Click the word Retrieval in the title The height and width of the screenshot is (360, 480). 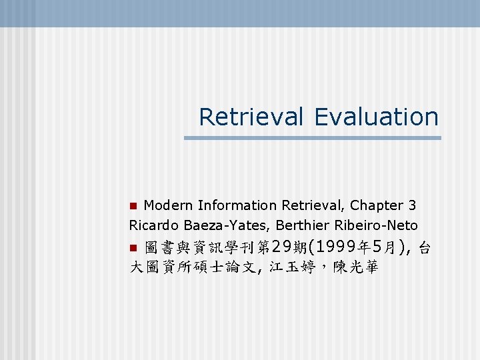pyautogui.click(x=252, y=117)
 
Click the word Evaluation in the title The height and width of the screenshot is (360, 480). pyautogui.click(x=377, y=117)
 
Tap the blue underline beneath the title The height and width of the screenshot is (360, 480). pyautogui.click(x=312, y=138)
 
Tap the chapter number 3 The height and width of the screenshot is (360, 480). pyautogui.click(x=412, y=205)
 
